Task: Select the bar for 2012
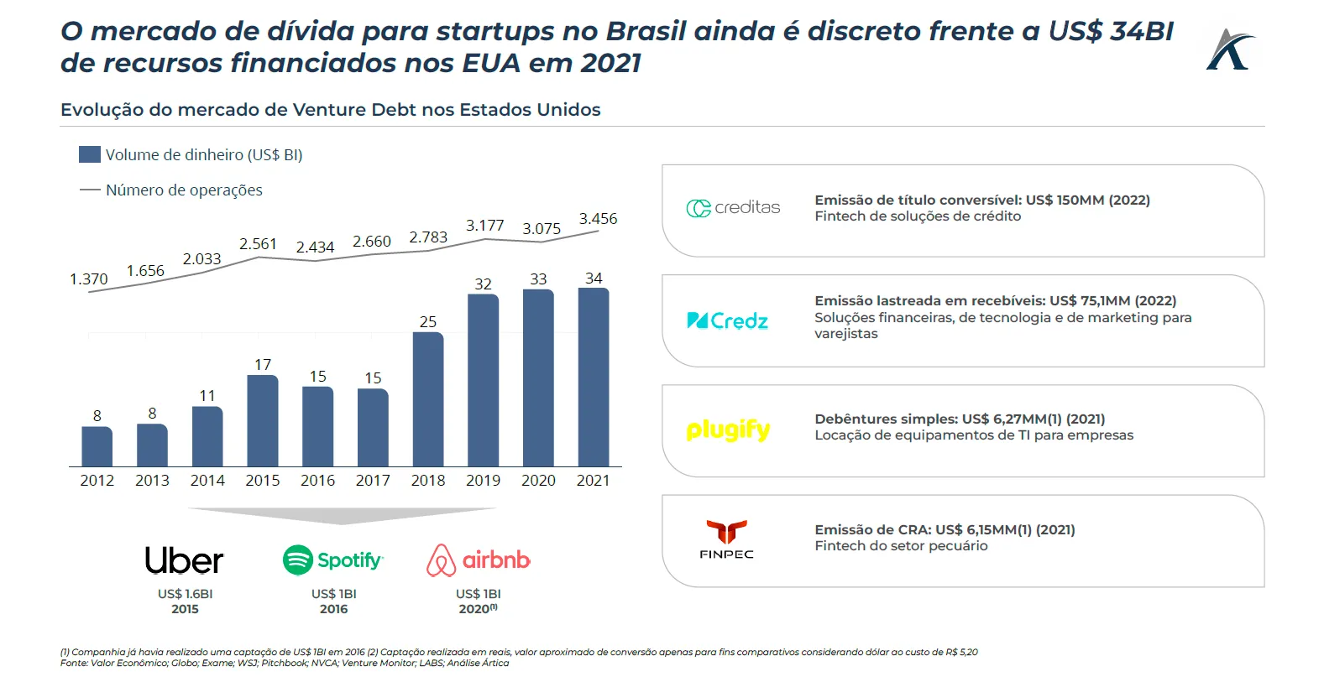pos(97,446)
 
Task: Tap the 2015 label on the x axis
pos(263,481)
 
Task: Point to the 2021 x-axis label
pos(593,481)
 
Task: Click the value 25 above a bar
pos(428,322)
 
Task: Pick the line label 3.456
pos(598,219)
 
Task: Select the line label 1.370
pos(88,279)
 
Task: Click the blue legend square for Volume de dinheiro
pos(90,154)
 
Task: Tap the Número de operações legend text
pos(184,190)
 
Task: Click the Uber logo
pos(184,560)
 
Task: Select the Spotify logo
pos(333,560)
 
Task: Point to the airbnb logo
pos(479,560)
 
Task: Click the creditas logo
pos(733,208)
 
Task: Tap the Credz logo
pos(727,320)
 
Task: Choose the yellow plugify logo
pos(728,430)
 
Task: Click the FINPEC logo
pos(726,539)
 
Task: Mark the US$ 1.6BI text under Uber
pos(185,594)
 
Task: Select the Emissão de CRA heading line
pos(945,530)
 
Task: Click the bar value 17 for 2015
pos(263,365)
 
